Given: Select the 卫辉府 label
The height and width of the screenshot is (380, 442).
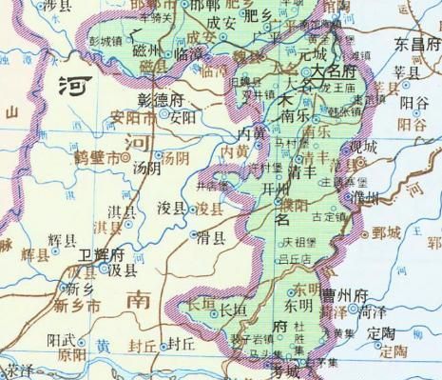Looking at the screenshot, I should click(x=102, y=255).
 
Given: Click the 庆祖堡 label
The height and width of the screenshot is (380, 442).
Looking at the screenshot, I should click(x=299, y=243).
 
